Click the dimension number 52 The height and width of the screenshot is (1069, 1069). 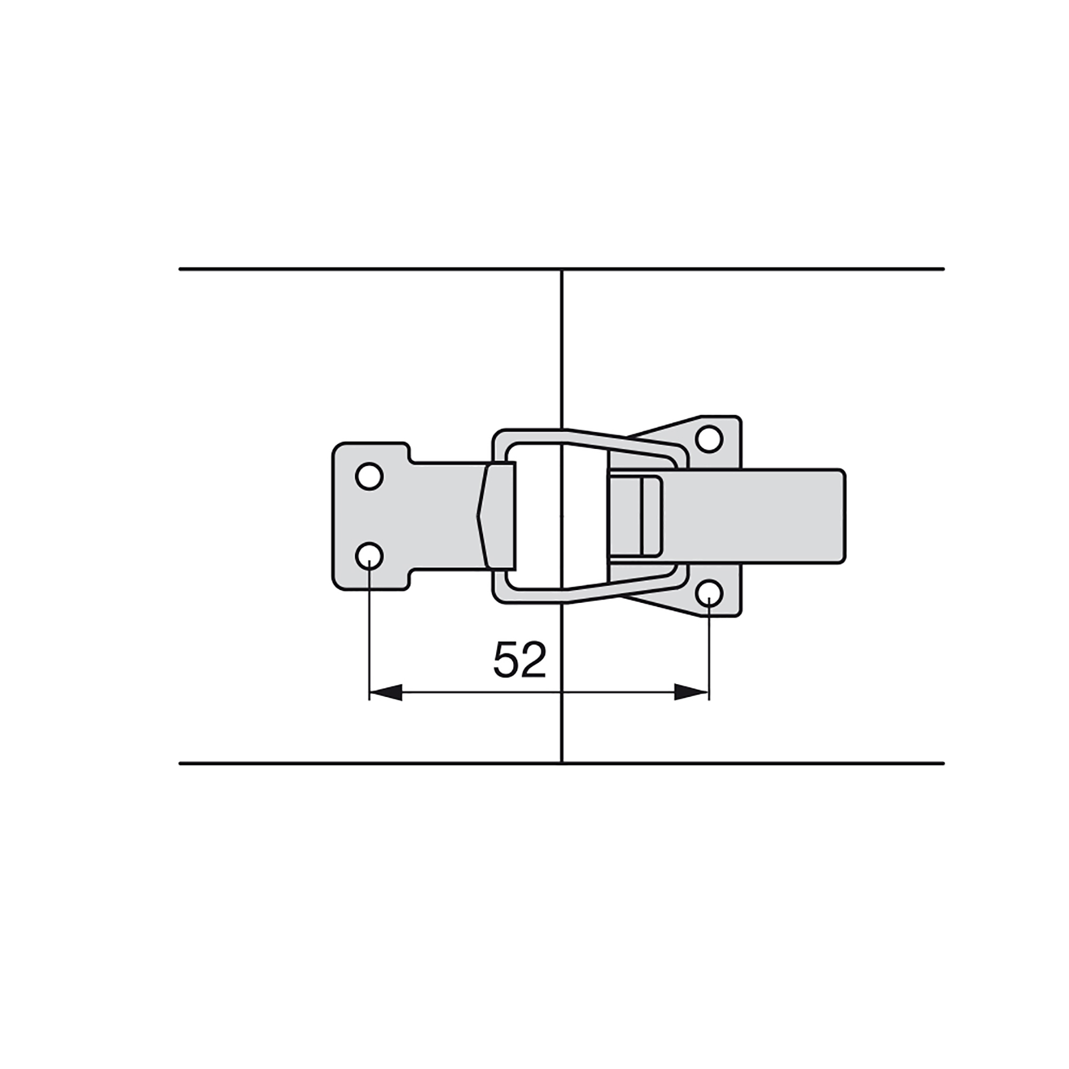(520, 660)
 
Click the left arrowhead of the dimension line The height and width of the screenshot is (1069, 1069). (386, 692)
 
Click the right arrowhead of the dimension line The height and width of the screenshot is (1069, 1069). (692, 692)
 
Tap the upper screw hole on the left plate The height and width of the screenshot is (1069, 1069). (369, 476)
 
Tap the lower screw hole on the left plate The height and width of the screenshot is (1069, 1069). (369, 554)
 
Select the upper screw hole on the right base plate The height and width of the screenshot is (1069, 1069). (709, 439)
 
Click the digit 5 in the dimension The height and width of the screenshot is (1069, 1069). (506, 660)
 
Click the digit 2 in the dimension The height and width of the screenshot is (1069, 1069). (533, 660)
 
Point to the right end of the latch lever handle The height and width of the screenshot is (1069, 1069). (844, 516)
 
